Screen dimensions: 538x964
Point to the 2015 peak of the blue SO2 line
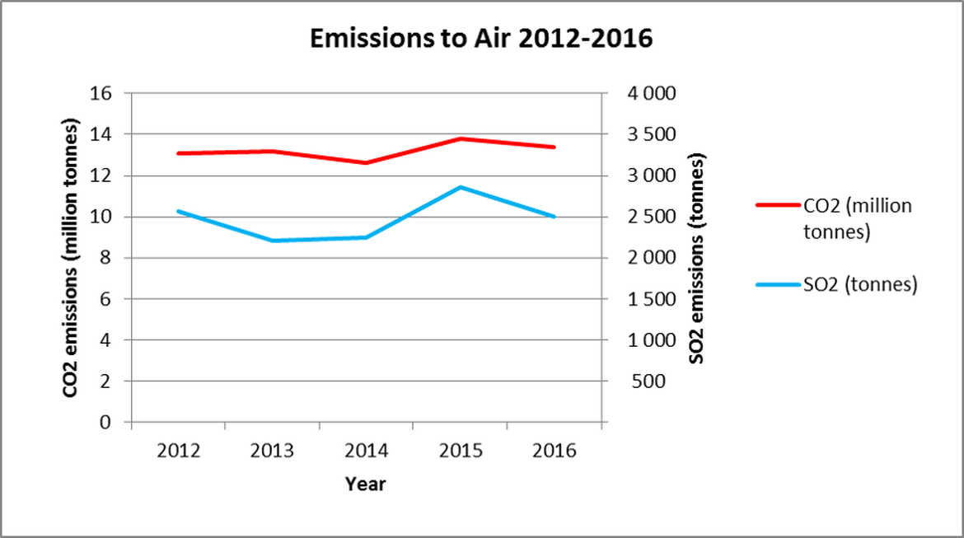(460, 187)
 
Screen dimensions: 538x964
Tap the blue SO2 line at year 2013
(272, 241)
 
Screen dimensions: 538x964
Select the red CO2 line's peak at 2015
(460, 138)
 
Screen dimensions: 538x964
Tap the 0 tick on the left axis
(105, 422)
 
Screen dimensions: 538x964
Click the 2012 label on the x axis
(178, 452)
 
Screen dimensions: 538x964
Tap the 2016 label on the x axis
(554, 452)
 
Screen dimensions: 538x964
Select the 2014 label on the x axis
(366, 452)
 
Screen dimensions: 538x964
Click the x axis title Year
(365, 484)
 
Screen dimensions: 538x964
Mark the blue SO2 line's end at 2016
(554, 217)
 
